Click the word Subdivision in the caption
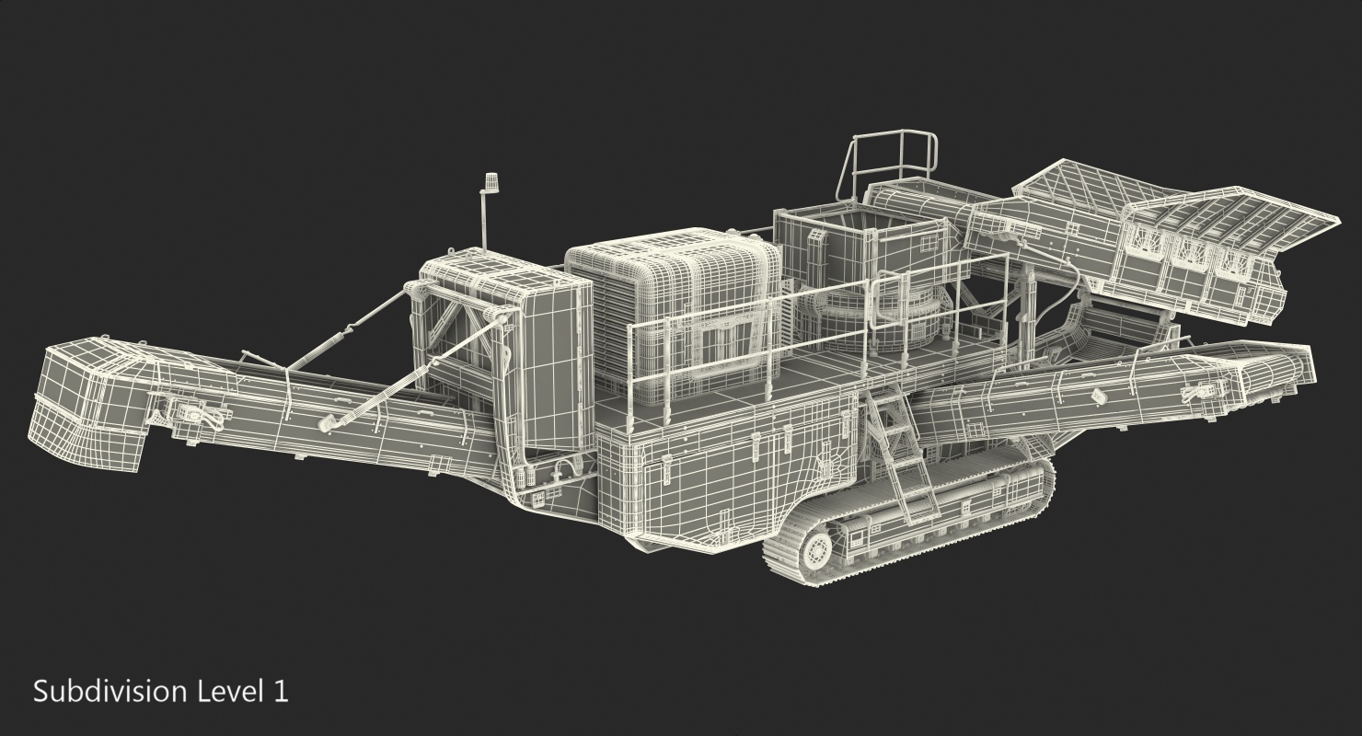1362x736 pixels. point(110,692)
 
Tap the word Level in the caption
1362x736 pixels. point(226,691)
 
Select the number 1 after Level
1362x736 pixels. point(281,692)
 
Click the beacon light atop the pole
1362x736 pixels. point(490,182)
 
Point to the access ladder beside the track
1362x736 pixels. point(900,455)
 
